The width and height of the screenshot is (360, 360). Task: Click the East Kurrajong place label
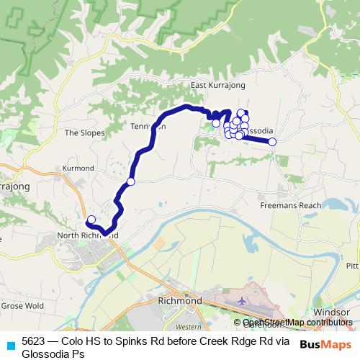[218, 86]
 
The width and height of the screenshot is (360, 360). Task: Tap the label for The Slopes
[85, 132]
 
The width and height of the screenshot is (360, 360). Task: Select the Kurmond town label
[78, 167]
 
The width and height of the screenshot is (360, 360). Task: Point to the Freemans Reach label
[290, 205]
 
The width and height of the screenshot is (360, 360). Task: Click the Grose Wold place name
[24, 305]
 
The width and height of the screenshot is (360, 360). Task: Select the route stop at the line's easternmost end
[273, 142]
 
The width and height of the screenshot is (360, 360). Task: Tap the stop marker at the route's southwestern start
[91, 220]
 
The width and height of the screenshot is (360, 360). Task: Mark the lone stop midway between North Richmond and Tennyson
[130, 181]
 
